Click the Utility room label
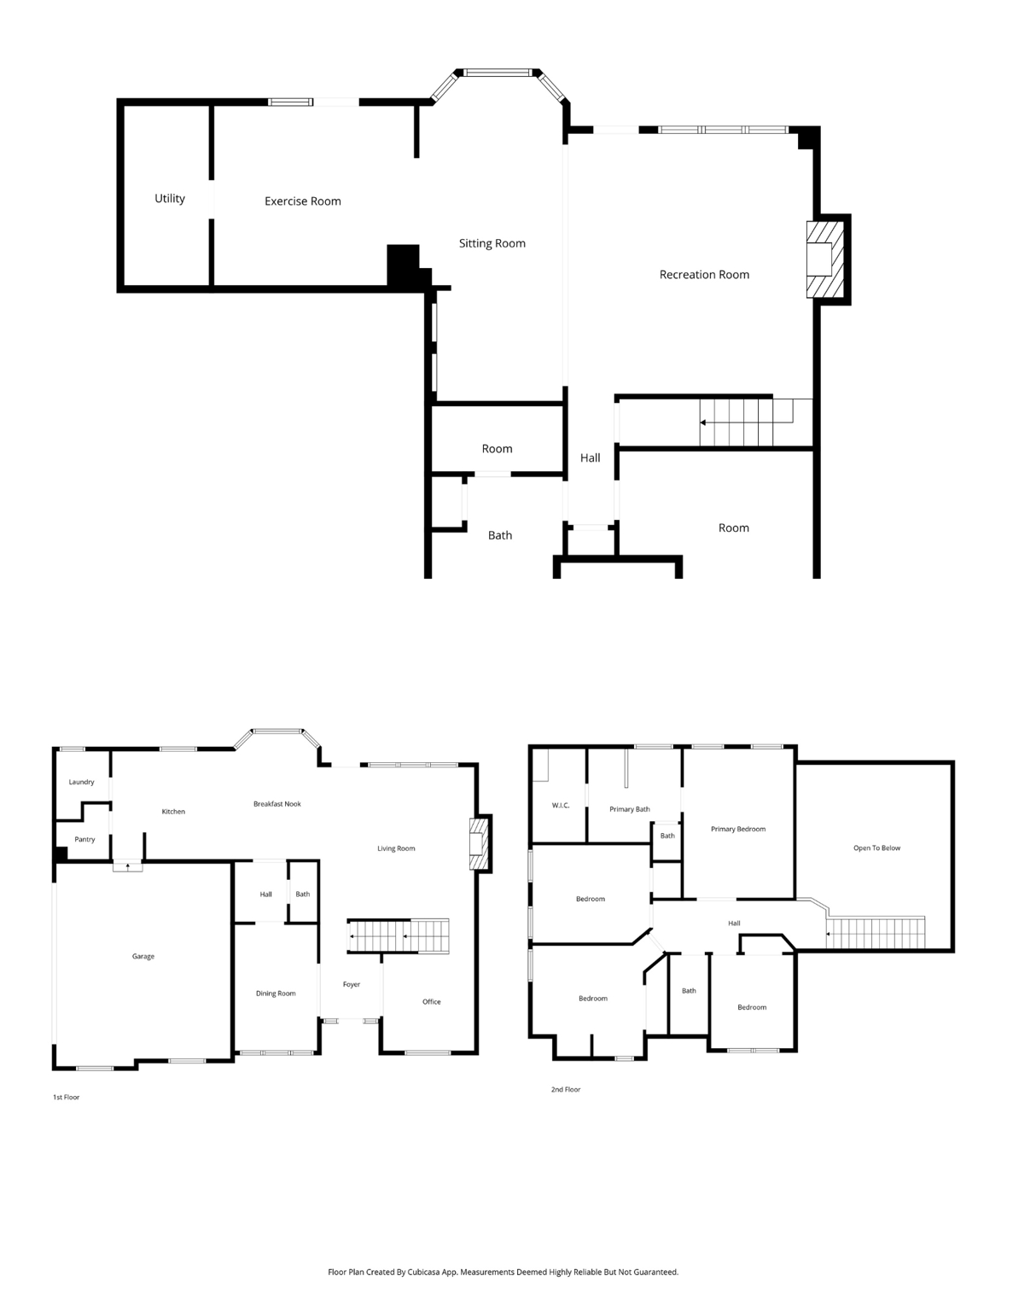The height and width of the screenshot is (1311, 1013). [x=169, y=199]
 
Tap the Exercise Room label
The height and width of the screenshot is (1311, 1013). [x=302, y=201]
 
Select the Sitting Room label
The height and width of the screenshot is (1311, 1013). [x=492, y=243]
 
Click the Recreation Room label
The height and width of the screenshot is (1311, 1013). [x=704, y=275]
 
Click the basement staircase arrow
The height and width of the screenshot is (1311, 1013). [x=703, y=422]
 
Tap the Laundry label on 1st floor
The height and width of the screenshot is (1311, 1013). [x=81, y=782]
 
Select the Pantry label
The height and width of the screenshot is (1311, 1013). [x=84, y=840]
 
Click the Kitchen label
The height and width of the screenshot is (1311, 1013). [x=173, y=812]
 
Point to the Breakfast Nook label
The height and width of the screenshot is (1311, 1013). [x=277, y=804]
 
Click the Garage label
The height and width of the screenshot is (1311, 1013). [x=143, y=957]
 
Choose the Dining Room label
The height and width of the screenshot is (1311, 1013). [x=276, y=993]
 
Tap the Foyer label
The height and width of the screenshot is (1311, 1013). [x=352, y=985]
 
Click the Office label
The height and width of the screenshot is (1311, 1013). [x=432, y=1002]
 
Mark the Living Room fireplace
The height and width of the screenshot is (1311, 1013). [x=480, y=844]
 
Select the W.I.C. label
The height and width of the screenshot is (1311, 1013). [x=560, y=806]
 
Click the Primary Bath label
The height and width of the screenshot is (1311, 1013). [x=630, y=809]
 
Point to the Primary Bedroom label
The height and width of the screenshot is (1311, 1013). [x=738, y=829]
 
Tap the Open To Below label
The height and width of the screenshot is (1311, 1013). [x=876, y=848]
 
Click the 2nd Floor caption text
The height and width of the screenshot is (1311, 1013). [x=565, y=1090]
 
